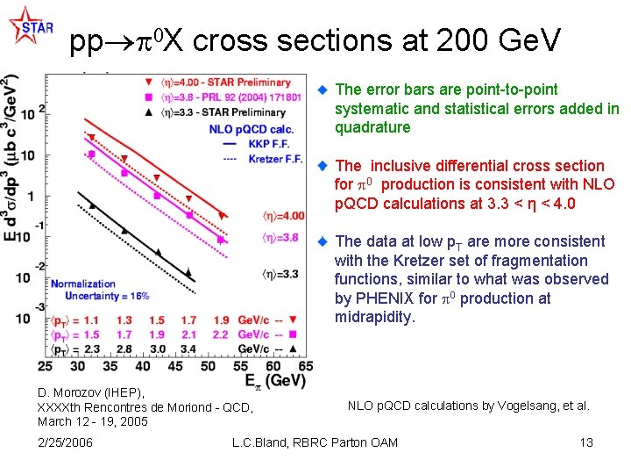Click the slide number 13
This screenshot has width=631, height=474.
click(x=586, y=442)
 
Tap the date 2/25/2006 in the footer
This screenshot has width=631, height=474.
click(x=66, y=442)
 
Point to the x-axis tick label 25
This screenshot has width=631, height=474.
click(x=46, y=366)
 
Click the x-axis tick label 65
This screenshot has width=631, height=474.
click(x=306, y=366)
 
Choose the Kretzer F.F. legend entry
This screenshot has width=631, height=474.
click(x=274, y=159)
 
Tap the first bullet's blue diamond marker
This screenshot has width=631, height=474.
click(x=321, y=90)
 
